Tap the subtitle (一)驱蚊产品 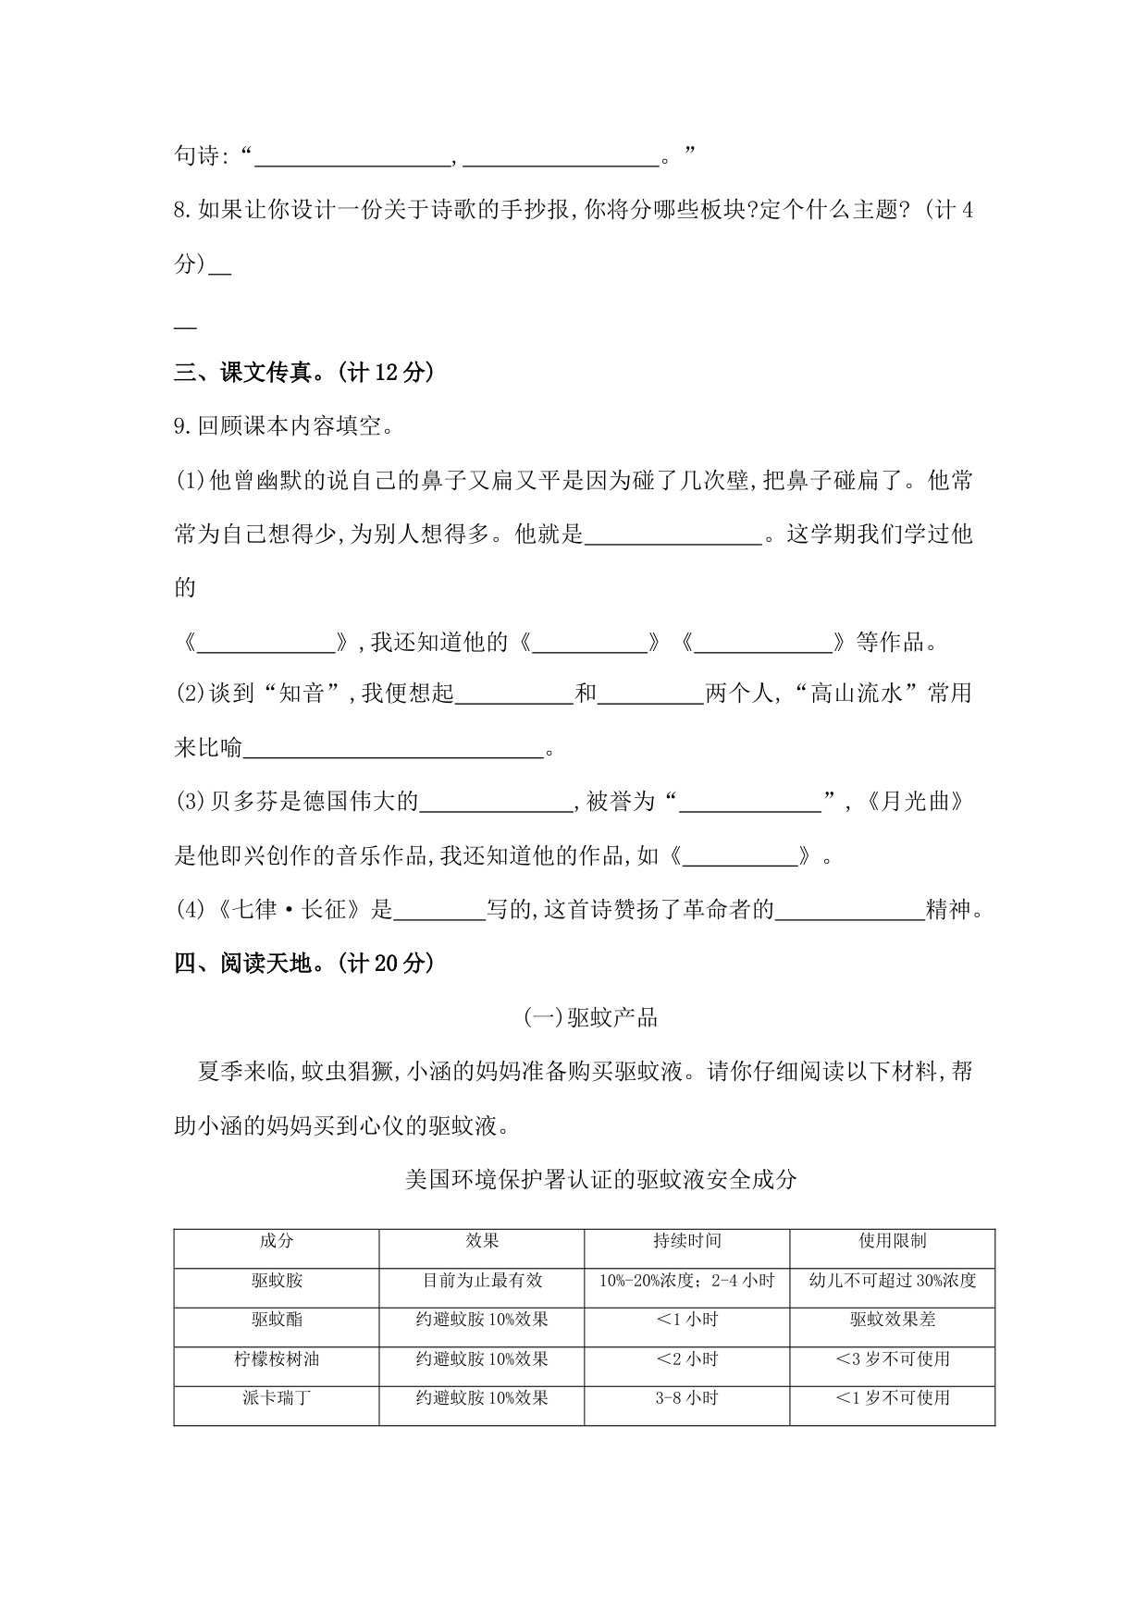tap(590, 1018)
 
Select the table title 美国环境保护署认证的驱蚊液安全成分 tap(600, 1180)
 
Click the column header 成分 tap(277, 1241)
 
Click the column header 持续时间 tap(686, 1241)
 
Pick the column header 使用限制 tap(892, 1241)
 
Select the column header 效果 tap(482, 1241)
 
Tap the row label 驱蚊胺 tap(277, 1281)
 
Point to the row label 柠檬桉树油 tap(277, 1359)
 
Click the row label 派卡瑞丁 tap(277, 1398)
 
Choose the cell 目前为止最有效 tap(482, 1281)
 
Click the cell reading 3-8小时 tap(686, 1398)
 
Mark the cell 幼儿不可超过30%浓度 tap(892, 1281)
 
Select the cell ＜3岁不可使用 tap(892, 1359)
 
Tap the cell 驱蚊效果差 tap(892, 1320)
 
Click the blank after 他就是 tap(673, 535)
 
